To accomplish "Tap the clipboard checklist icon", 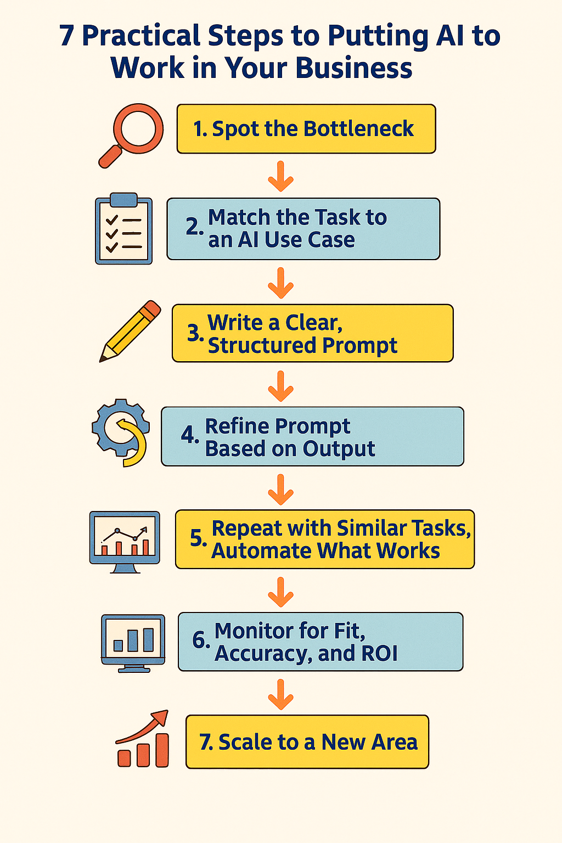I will (x=123, y=229).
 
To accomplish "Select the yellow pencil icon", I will (x=131, y=331).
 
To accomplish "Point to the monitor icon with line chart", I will (x=125, y=541).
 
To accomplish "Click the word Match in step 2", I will (x=239, y=217).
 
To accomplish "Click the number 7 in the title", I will (x=67, y=36).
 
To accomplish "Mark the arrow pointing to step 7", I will (x=280, y=694).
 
